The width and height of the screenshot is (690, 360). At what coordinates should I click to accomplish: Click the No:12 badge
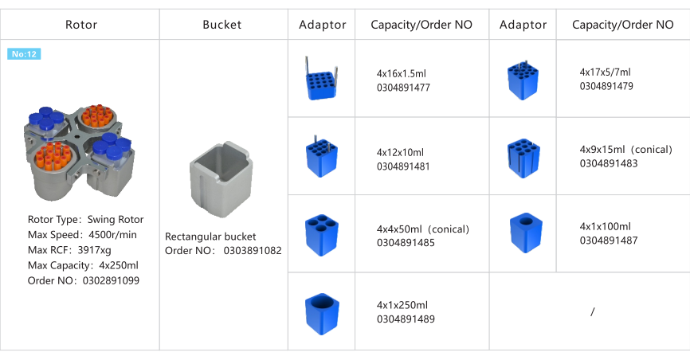24,54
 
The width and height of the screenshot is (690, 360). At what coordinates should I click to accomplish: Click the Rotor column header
81,25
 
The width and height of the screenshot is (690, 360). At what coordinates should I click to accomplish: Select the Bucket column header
223,25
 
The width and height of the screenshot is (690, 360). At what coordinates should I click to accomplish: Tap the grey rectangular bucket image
223,180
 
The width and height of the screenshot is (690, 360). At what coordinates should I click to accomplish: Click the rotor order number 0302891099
84,280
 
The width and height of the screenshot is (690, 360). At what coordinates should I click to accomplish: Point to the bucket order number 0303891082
223,251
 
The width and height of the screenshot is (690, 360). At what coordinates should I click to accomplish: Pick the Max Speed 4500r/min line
82,234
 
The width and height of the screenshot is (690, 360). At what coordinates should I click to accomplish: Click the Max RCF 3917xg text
69,249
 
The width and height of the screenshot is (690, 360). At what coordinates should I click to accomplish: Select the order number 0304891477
403,88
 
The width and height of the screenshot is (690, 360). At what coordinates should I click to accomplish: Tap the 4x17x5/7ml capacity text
606,72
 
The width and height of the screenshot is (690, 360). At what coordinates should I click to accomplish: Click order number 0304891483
606,164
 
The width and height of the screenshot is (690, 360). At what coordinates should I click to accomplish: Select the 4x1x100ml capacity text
605,226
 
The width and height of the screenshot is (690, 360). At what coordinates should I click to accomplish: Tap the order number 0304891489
406,319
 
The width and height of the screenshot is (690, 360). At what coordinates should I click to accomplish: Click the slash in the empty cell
593,312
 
